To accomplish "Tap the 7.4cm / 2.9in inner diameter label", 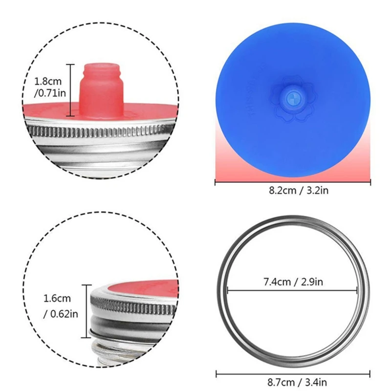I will point(292,282).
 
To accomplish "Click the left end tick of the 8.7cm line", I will point(217,374).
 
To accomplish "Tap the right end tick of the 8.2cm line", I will point(370,182).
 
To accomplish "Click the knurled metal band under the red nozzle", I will point(98,131).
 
